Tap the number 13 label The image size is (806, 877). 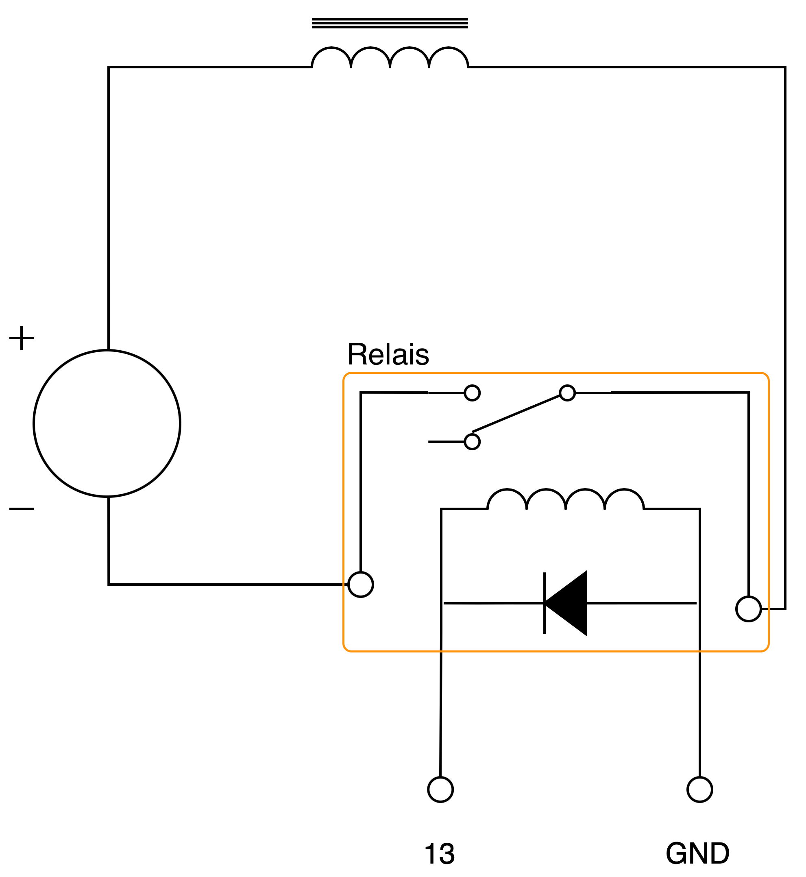440,853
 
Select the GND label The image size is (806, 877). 697,853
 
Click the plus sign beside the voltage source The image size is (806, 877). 22,338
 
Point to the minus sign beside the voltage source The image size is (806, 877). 22,509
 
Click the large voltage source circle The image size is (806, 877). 107,423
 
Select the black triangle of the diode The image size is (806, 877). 569,603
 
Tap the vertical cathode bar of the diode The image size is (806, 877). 544,603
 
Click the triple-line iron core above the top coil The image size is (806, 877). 390,23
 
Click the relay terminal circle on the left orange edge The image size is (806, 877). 361,585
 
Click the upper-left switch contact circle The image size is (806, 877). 473,393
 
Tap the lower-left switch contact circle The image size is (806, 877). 473,442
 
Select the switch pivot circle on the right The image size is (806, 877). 567,393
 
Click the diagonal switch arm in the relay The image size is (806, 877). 517,414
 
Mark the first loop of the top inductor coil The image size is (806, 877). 331,57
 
